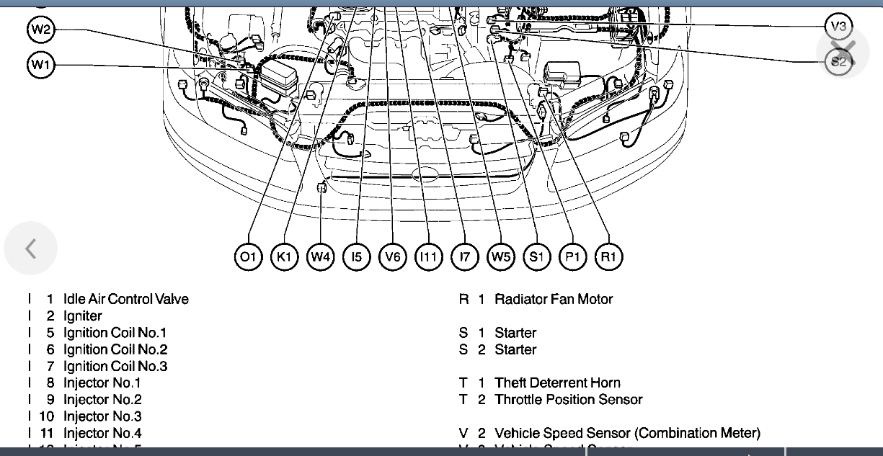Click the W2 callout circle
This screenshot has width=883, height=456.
click(x=40, y=30)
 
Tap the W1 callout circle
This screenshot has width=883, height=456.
click(x=40, y=66)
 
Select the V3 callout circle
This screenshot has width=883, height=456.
click(x=838, y=27)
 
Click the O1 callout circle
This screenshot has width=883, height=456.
click(x=248, y=257)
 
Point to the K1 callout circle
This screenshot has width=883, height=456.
click(x=284, y=257)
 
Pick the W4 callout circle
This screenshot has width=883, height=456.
click(x=320, y=257)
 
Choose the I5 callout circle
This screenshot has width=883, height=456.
click(x=356, y=257)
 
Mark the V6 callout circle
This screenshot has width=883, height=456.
click(x=392, y=257)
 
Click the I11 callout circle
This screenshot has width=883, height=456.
click(x=428, y=257)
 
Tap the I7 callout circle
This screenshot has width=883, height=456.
click(x=464, y=257)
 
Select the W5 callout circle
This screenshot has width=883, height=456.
click(x=501, y=257)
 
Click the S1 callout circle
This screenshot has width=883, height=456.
click(x=537, y=257)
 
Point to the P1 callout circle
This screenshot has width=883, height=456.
click(x=573, y=257)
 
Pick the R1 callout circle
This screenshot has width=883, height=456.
click(x=609, y=257)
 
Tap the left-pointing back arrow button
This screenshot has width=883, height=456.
click(x=30, y=249)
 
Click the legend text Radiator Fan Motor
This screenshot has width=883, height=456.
click(x=553, y=299)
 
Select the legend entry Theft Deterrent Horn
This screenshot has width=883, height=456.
click(x=557, y=383)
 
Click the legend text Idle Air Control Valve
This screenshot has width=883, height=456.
click(x=126, y=299)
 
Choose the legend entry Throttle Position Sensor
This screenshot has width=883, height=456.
click(x=568, y=399)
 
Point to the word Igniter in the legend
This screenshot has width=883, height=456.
click(x=83, y=316)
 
